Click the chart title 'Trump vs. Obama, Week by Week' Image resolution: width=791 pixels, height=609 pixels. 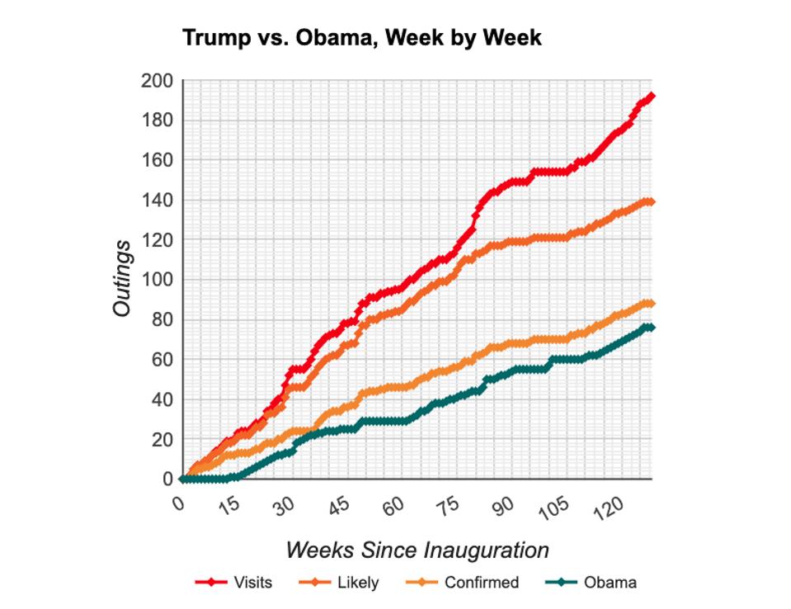[x=361, y=38]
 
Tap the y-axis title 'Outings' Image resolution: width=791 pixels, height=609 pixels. [x=122, y=278]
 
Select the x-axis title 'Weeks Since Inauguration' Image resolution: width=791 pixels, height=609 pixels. [x=417, y=550]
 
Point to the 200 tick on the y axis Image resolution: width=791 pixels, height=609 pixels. [x=156, y=81]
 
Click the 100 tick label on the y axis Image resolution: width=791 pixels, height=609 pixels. [x=156, y=280]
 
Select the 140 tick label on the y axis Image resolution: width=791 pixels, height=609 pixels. [x=156, y=201]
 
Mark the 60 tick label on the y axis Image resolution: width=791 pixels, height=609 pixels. [x=160, y=360]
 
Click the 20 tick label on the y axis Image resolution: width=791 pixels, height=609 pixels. [x=160, y=440]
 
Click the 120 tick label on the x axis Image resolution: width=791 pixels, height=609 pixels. [x=606, y=504]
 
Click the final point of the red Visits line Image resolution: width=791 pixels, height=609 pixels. [x=651, y=97]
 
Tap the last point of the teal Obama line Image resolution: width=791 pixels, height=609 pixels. [x=651, y=328]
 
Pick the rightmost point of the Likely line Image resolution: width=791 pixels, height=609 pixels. [x=651, y=201]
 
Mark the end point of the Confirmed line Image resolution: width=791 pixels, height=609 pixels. [x=651, y=304]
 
